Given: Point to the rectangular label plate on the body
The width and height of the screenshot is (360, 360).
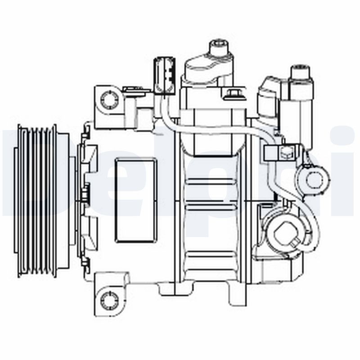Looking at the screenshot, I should (x=135, y=200).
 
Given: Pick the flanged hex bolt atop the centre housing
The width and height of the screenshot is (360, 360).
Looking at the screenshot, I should (x=234, y=95).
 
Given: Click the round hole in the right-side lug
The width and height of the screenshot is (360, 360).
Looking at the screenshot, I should (x=313, y=179).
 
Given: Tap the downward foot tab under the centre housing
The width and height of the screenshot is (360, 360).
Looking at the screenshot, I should (x=237, y=295).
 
